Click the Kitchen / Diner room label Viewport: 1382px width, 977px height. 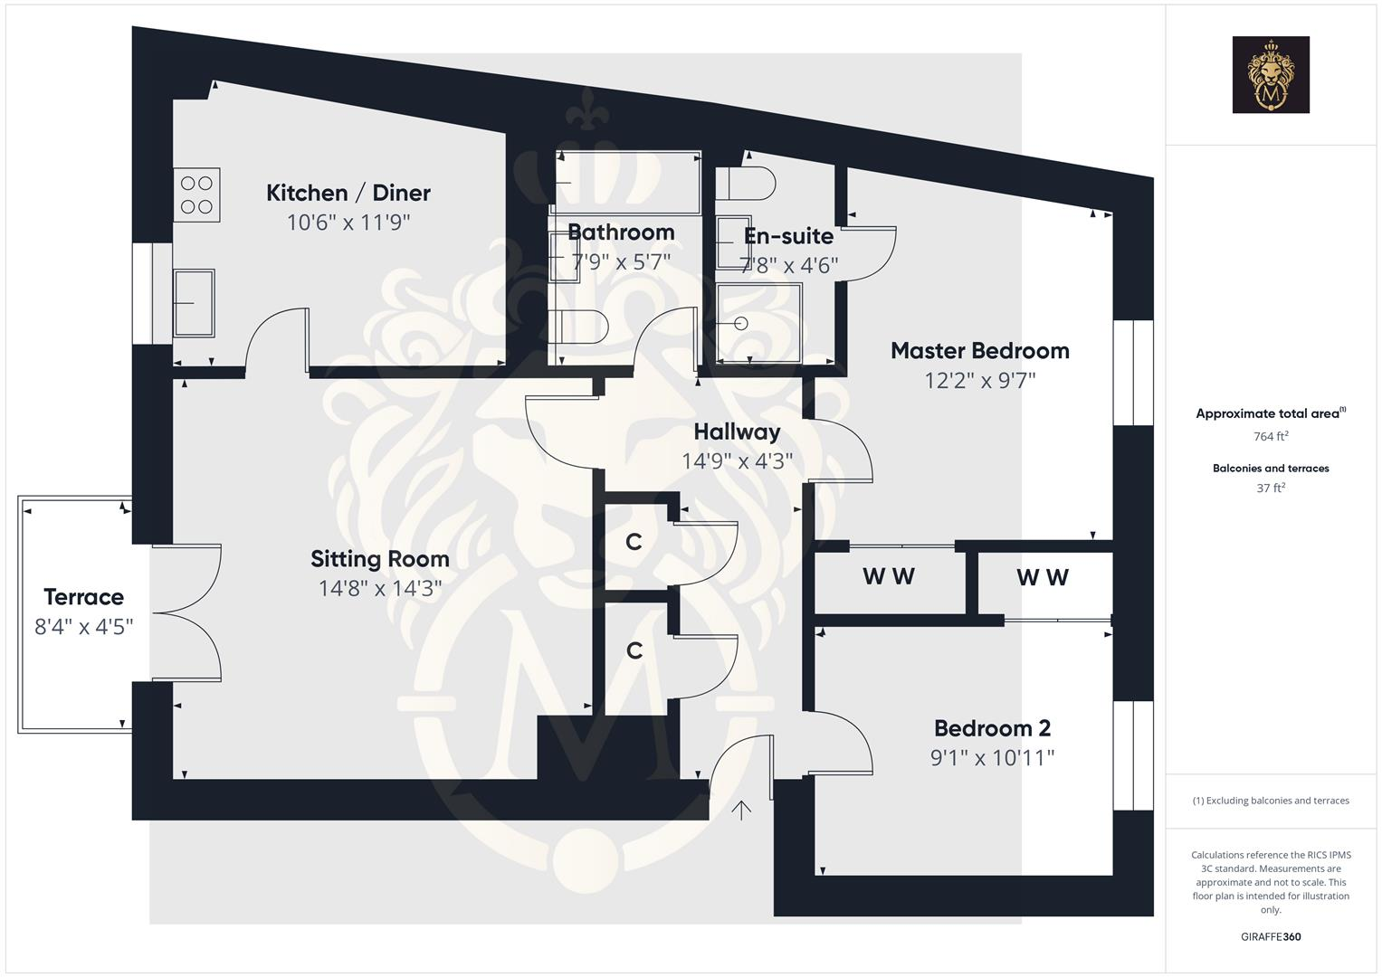[348, 193]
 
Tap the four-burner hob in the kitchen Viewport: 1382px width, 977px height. [197, 194]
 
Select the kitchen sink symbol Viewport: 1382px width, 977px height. [194, 303]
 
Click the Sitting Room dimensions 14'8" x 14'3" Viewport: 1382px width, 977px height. [379, 589]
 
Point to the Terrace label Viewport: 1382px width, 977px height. [83, 597]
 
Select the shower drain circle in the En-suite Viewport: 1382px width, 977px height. [742, 323]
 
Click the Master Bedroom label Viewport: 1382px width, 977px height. [979, 351]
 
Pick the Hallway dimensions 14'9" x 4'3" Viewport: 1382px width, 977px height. [737, 461]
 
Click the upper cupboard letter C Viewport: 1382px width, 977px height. [634, 542]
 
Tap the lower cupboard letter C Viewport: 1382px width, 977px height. [634, 650]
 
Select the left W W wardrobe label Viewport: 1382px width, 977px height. [889, 576]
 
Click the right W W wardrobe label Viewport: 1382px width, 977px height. [1043, 577]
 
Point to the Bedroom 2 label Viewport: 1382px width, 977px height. [992, 728]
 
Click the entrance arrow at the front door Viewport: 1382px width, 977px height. [741, 810]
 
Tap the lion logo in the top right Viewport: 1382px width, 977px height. [1270, 75]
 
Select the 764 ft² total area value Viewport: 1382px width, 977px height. [1270, 436]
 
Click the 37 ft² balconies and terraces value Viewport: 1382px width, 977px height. [1270, 488]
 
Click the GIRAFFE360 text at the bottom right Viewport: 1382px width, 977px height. [1270, 936]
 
